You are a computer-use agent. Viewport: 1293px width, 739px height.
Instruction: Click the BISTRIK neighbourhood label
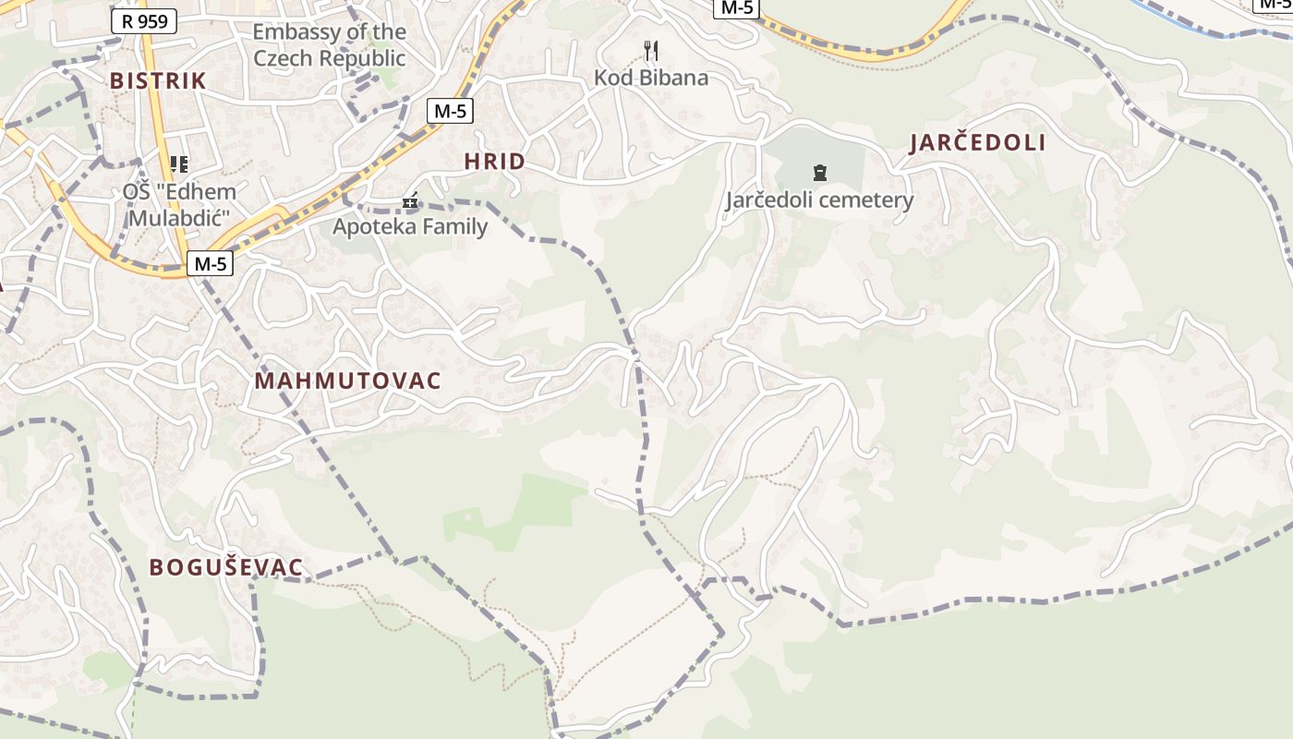pos(158,80)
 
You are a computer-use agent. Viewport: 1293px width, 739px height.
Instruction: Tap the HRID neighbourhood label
pos(494,162)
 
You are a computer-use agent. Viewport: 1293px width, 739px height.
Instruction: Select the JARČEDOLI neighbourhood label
pos(977,142)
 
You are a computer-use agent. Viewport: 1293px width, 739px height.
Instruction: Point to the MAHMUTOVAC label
pos(347,381)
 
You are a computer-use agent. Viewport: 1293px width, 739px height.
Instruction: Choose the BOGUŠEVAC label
pos(226,567)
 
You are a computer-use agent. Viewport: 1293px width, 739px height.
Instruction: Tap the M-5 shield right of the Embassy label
pos(450,111)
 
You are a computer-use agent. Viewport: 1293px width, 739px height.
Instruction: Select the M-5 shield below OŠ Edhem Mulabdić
pos(210,264)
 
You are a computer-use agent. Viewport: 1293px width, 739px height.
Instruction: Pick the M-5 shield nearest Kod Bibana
pos(736,7)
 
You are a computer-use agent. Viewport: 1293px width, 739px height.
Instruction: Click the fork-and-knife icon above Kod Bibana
pos(651,51)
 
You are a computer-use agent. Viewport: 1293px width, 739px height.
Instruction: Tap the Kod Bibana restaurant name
pos(651,78)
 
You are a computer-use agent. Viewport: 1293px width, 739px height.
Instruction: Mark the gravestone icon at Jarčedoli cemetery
pos(819,172)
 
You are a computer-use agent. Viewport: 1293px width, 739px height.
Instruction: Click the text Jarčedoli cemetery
pos(819,200)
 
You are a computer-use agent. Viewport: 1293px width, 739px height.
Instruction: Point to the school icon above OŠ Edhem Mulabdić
pos(179,164)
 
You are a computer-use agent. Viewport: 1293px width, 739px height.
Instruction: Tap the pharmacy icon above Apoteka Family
pos(410,200)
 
